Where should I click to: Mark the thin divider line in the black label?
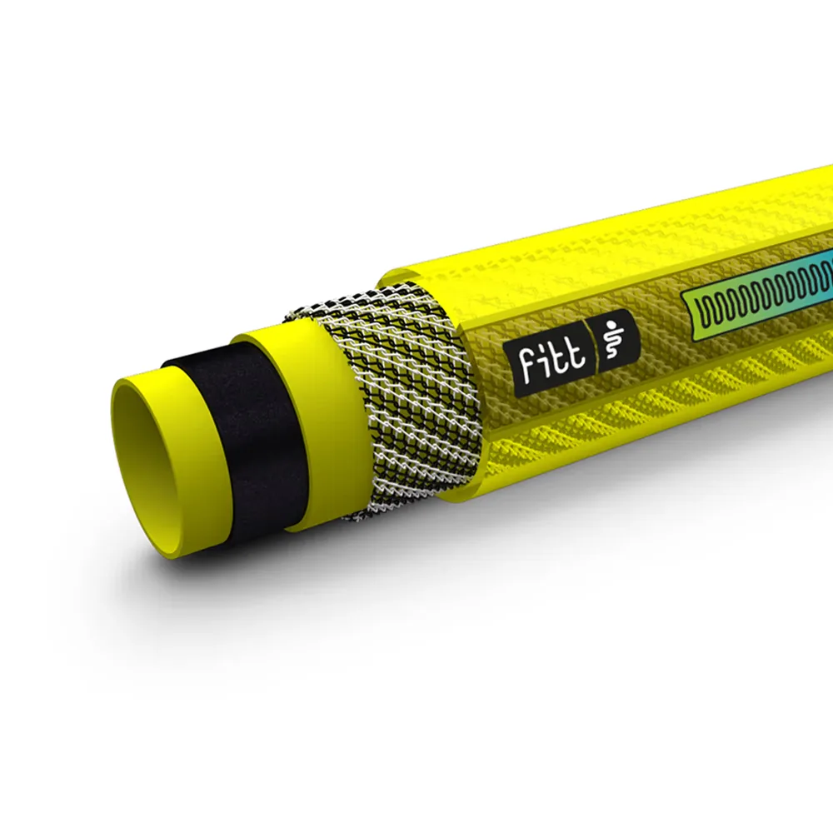point(599,348)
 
